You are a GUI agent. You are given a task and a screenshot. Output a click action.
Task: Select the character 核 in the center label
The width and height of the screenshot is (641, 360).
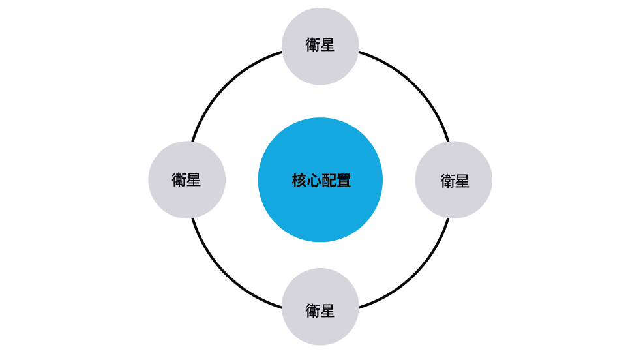[299, 181]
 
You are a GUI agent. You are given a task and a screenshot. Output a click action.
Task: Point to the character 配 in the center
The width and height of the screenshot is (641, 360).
[329, 181]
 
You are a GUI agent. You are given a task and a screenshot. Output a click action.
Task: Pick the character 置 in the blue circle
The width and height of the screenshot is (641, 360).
[344, 181]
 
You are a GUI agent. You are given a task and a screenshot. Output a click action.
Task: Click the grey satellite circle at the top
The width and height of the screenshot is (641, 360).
[320, 65]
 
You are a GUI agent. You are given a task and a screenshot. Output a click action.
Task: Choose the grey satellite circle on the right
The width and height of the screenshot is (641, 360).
[454, 199]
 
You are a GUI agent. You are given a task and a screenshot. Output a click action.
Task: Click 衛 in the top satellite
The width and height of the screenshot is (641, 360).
[313, 45]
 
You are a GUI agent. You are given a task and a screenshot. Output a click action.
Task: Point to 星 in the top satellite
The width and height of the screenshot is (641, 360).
[327, 45]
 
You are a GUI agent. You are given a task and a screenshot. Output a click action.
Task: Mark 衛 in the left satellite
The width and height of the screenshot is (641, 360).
[179, 179]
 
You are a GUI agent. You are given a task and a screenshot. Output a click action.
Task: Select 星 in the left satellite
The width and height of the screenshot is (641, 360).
[194, 179]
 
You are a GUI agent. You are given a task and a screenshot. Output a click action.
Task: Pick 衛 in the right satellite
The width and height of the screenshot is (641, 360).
[447, 181]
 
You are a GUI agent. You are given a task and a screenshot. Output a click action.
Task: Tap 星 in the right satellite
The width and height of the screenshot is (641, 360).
[462, 181]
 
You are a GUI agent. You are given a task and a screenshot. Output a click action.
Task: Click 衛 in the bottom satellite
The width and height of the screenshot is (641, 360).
[313, 310]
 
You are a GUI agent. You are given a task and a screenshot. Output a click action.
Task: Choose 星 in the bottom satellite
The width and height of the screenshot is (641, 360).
[327, 310]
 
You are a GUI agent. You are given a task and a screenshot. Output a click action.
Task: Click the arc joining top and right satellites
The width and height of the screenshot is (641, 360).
[413, 87]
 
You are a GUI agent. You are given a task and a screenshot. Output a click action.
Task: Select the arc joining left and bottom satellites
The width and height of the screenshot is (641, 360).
[228, 273]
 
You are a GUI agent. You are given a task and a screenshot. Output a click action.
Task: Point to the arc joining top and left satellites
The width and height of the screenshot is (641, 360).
[228, 87]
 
